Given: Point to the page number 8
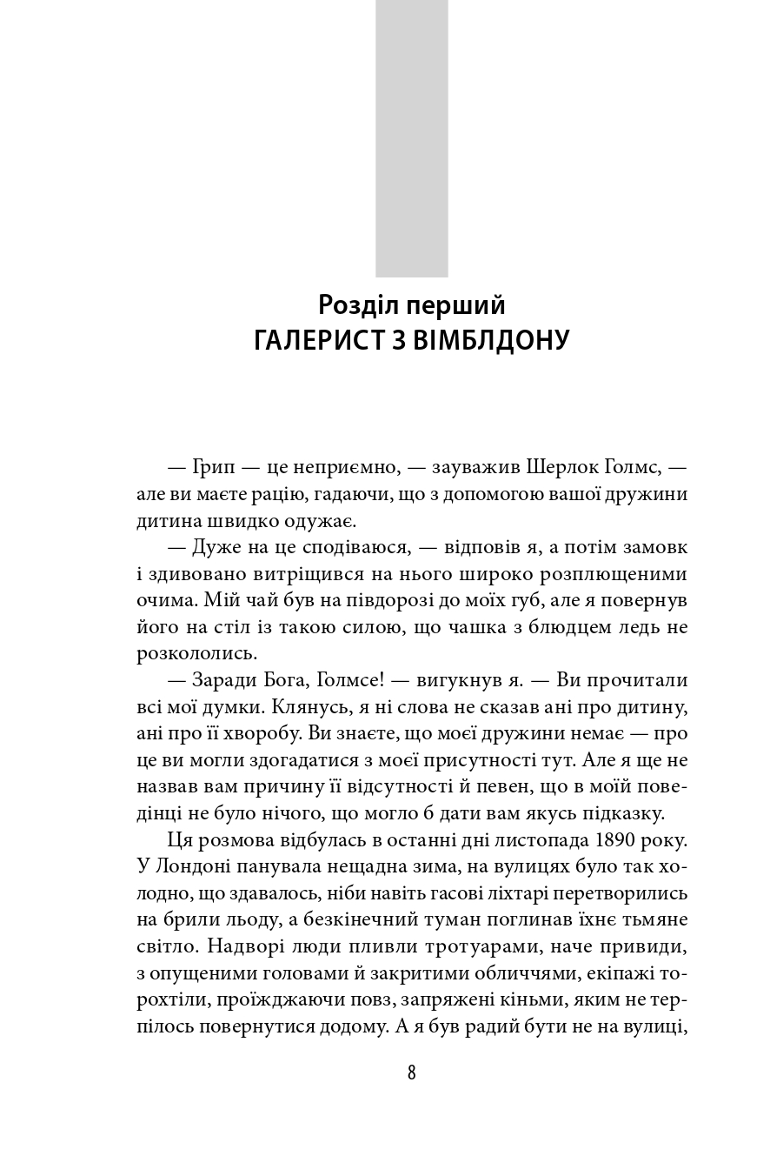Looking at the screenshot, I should click(411, 1072).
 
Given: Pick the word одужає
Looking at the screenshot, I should click(320, 521).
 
